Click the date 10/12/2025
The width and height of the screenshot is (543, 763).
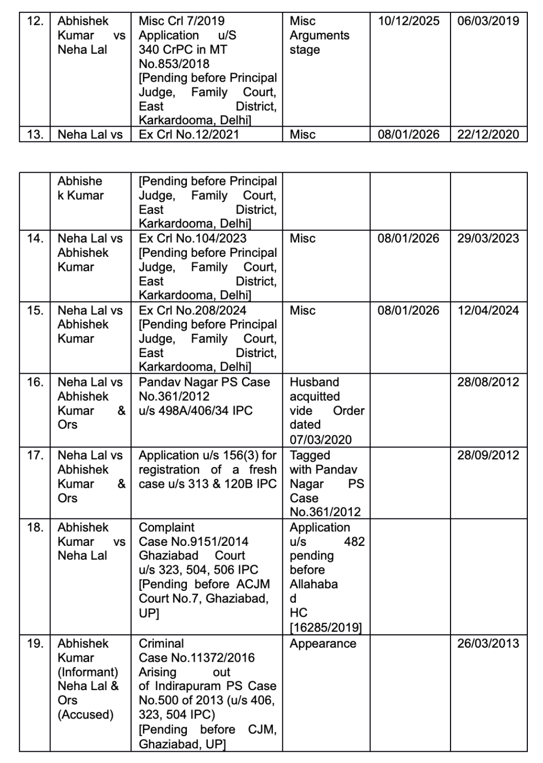coord(408,21)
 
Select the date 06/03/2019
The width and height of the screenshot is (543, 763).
coord(488,21)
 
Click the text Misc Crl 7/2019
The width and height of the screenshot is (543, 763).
coord(181,21)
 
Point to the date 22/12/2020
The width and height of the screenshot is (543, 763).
coord(488,134)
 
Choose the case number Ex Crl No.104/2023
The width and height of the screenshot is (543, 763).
coord(193,238)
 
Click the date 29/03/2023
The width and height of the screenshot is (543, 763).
coord(488,238)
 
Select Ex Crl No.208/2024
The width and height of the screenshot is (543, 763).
coord(193,310)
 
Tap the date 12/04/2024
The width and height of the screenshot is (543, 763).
coord(488,310)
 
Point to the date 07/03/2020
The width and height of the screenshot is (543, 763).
coord(320,439)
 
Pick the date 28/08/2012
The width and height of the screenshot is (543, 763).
coord(488,382)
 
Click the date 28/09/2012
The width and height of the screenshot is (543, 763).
coord(488,455)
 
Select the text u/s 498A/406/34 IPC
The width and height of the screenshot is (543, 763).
coord(196,410)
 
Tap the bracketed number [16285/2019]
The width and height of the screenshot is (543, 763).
coord(326,627)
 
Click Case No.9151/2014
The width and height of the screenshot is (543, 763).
coord(194,541)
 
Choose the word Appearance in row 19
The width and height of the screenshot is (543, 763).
coord(323,643)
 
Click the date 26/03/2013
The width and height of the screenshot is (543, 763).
coord(488,643)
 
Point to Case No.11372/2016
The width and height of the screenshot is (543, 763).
coord(197,657)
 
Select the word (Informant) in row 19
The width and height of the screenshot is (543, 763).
coord(88,672)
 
